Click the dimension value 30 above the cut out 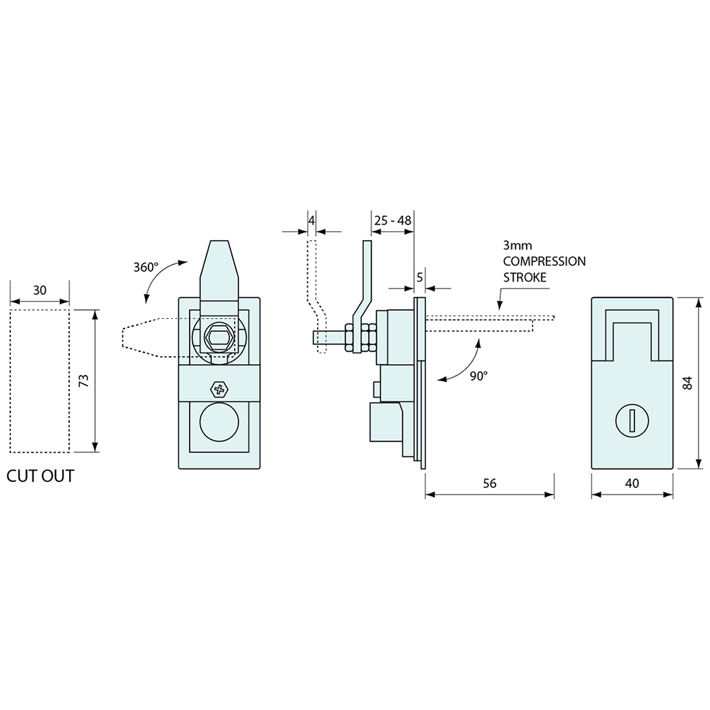tap(39, 290)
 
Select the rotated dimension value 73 tap(83, 381)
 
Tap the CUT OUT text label tap(40, 476)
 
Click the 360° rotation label tap(145, 267)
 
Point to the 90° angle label tap(478, 376)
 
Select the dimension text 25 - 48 tap(392, 221)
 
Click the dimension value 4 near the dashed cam tap(311, 220)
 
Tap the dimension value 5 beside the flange tap(420, 278)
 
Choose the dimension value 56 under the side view tap(489, 483)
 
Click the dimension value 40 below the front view tap(632, 483)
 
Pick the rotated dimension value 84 tap(687, 382)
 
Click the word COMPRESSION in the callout tap(544, 261)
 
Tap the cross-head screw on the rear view tap(219, 389)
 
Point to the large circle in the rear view tap(219, 423)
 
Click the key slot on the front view tap(632, 420)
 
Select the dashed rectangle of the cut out tap(39, 381)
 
